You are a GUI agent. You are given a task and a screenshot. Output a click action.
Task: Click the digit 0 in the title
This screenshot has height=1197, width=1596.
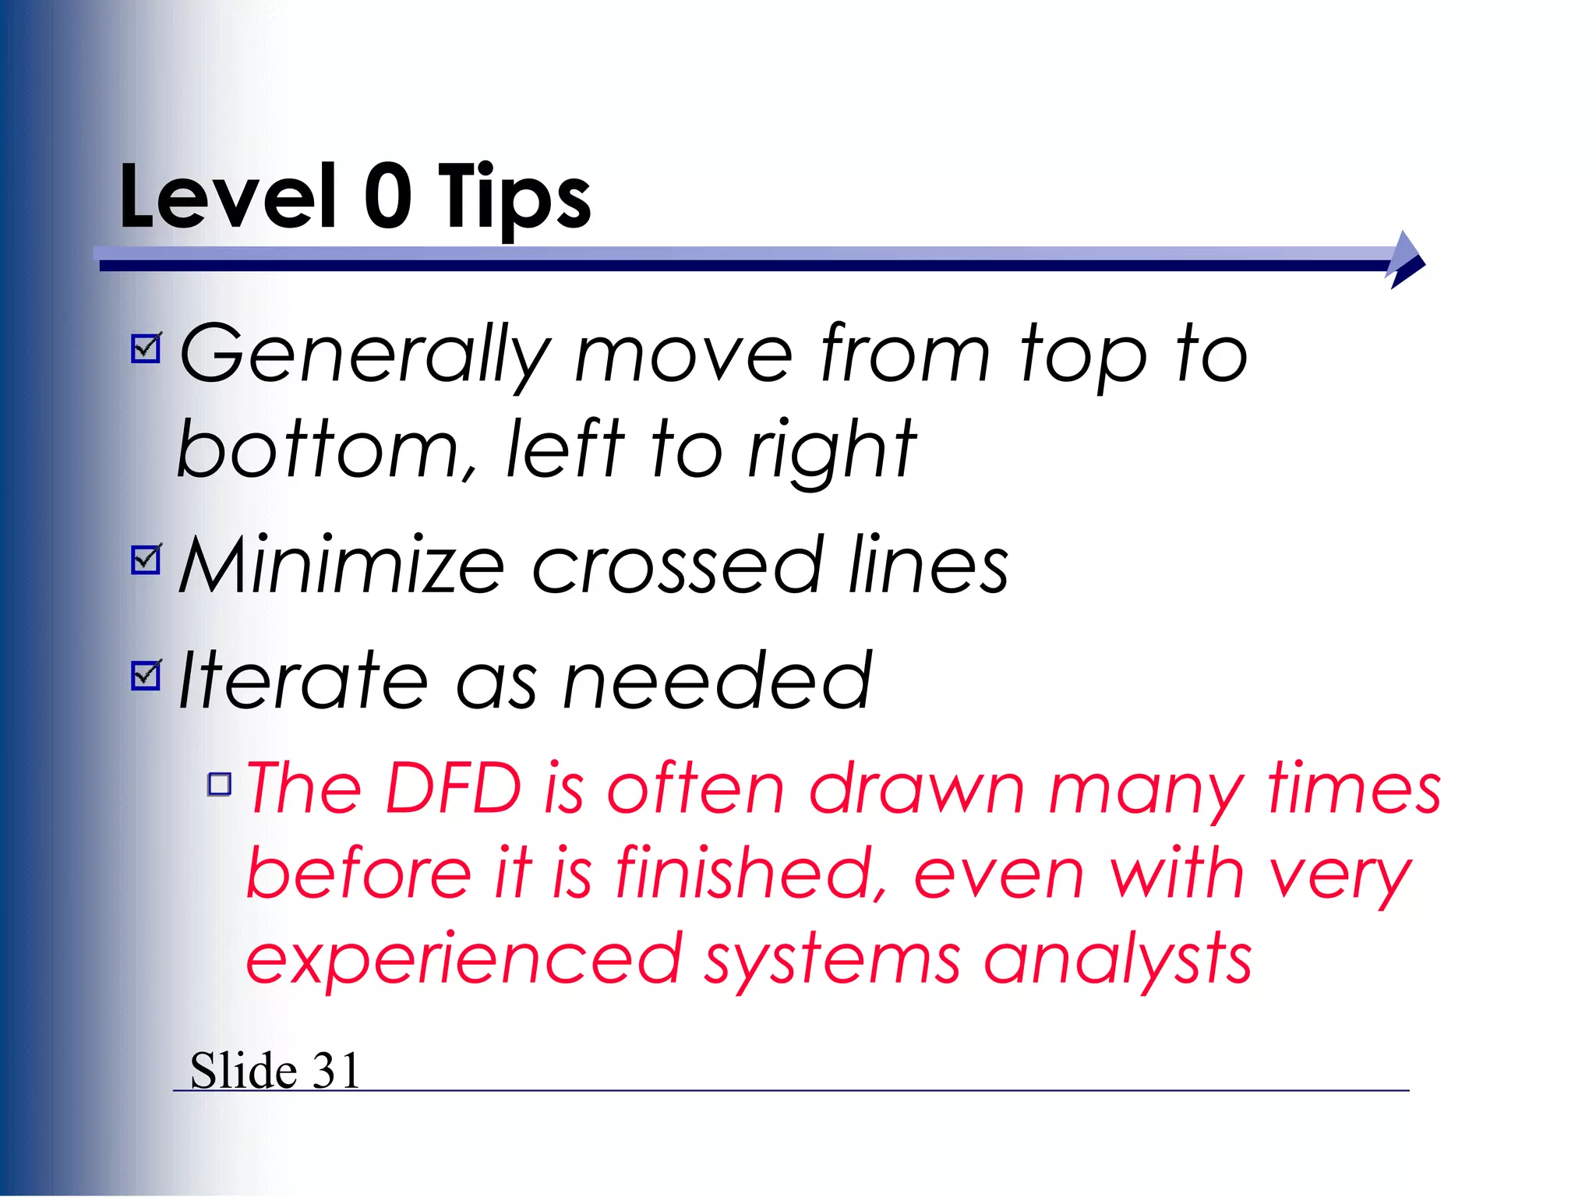387,196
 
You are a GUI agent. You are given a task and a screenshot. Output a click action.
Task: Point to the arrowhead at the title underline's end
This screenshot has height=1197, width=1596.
1406,260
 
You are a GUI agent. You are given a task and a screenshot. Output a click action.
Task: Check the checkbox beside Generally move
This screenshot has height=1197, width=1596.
146,348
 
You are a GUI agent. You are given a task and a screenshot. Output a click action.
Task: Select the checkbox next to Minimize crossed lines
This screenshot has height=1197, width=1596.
146,559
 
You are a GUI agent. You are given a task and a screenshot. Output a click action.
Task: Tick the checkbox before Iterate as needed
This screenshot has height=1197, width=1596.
146,675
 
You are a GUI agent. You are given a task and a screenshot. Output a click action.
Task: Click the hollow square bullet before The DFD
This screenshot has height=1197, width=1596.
220,783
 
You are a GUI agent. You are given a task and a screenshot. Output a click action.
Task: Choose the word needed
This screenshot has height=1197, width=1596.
717,682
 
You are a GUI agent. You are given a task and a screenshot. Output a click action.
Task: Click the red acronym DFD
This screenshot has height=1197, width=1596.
453,789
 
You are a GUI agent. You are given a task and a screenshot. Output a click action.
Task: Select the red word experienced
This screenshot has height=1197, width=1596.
464,960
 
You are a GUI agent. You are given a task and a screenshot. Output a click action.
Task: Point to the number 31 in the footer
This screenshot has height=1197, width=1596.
336,1070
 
